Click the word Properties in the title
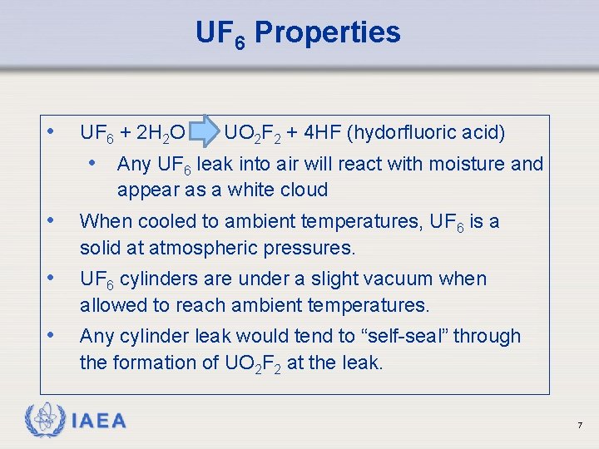coord(327,33)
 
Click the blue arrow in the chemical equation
coord(205,132)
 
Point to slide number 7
coord(580,426)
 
